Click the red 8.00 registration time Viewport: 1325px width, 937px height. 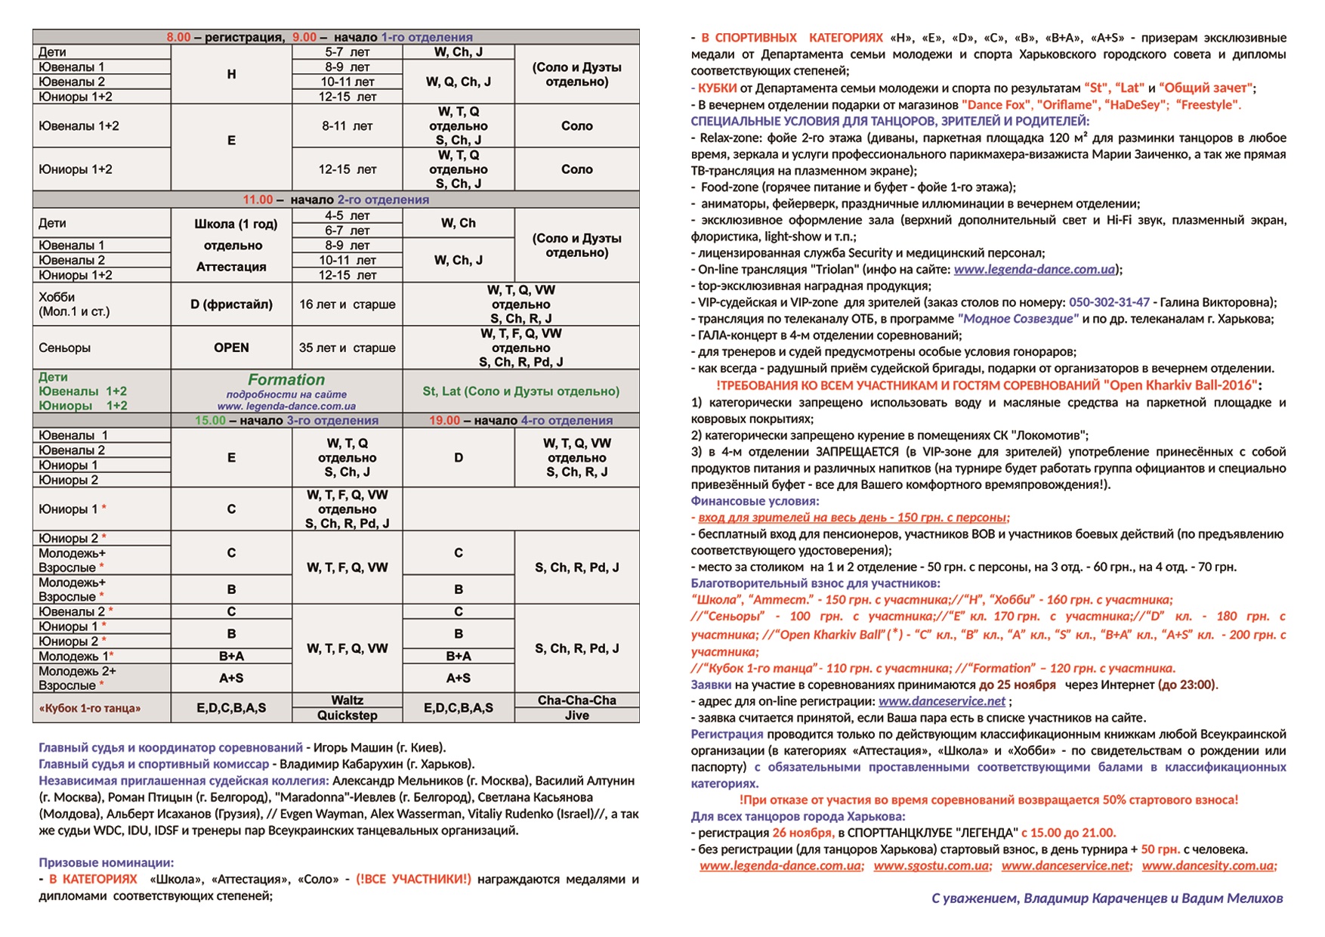(179, 37)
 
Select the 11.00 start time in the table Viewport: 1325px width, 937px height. (258, 199)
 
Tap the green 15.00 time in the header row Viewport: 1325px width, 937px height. (210, 420)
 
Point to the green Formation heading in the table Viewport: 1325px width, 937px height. (286, 380)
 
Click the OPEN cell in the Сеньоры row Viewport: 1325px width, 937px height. (231, 348)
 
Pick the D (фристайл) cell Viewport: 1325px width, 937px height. (231, 305)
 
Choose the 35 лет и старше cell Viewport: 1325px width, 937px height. (347, 348)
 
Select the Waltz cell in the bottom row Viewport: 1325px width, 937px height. (347, 700)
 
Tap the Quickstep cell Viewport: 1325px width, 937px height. (347, 715)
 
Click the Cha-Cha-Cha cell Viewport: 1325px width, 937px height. (576, 700)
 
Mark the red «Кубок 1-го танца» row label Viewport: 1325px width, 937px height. (90, 708)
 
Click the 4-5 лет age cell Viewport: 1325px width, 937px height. (347, 215)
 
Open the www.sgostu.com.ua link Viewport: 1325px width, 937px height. (931, 866)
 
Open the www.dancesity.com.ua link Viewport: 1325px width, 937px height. (1209, 866)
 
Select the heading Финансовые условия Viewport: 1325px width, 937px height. (755, 501)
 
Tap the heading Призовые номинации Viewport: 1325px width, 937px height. (107, 863)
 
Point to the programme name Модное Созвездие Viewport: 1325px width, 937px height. (1018, 319)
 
